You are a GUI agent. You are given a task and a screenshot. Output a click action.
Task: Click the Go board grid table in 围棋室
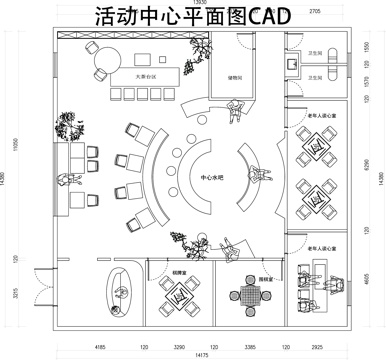pos(246,298)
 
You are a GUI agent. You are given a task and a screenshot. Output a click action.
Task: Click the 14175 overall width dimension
pos(201,354)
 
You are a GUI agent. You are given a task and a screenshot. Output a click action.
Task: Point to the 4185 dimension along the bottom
pos(100,346)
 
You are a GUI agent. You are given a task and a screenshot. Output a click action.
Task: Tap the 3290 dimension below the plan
pos(179,346)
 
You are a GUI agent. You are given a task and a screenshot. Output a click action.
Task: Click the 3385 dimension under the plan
pos(252,346)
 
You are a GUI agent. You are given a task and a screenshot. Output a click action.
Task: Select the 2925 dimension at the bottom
pos(317,346)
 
